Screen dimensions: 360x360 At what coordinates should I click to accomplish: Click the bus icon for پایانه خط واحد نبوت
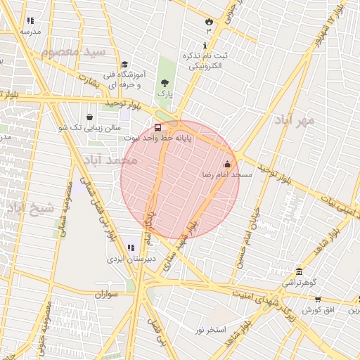pyautogui.click(x=157, y=127)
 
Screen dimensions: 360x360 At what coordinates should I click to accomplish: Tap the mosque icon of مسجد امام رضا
pyautogui.click(x=226, y=165)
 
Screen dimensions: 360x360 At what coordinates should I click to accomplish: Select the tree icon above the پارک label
pyautogui.click(x=165, y=82)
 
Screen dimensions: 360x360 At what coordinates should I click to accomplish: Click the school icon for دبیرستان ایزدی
pyautogui.click(x=131, y=247)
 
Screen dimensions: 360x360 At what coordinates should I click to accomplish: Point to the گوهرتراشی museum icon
pyautogui.click(x=300, y=271)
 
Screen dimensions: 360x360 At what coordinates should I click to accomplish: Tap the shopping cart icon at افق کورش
pyautogui.click(x=318, y=300)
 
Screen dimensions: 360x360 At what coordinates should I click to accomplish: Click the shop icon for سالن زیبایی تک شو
pyautogui.click(x=89, y=117)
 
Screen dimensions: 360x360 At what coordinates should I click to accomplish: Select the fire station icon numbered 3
pyautogui.click(x=207, y=22)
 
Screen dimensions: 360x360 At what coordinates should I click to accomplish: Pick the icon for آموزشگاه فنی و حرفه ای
pyautogui.click(x=124, y=64)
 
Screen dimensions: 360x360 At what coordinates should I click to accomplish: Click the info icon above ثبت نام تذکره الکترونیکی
pyautogui.click(x=204, y=46)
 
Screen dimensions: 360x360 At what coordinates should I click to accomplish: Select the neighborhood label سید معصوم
pyautogui.click(x=73, y=53)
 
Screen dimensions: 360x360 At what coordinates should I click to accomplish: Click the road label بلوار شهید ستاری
pyautogui.click(x=180, y=247)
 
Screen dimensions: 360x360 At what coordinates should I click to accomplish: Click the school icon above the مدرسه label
pyautogui.click(x=30, y=22)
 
